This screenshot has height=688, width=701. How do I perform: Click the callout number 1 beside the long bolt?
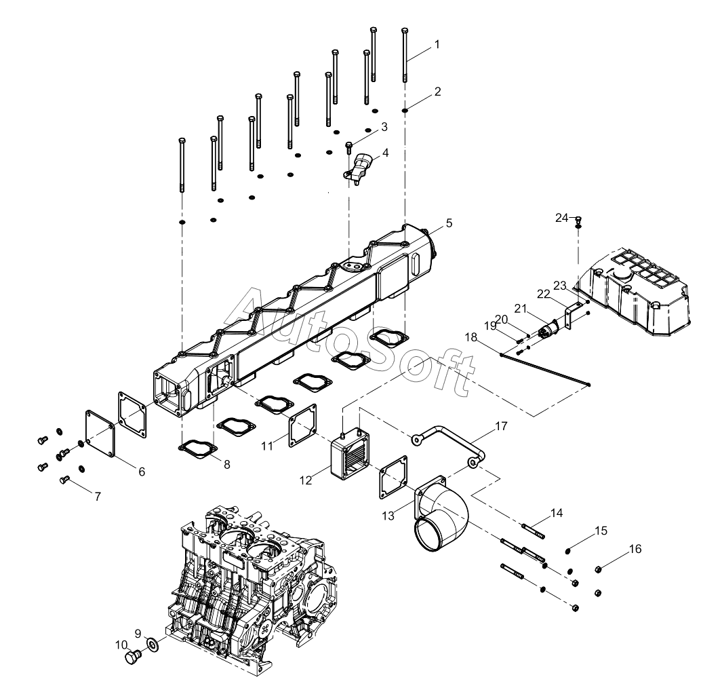pyautogui.click(x=437, y=44)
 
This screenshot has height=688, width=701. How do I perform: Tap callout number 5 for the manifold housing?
pyautogui.click(x=449, y=223)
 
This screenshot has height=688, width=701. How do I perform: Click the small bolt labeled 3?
pyautogui.click(x=349, y=148)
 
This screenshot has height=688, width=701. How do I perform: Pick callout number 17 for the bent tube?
pyautogui.click(x=501, y=426)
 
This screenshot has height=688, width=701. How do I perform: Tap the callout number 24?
pyautogui.click(x=561, y=218)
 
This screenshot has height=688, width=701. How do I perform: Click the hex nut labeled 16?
pyautogui.click(x=598, y=569)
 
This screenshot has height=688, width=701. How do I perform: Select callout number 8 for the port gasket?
pyautogui.click(x=226, y=464)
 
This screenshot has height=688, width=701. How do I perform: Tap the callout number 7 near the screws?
pyautogui.click(x=98, y=496)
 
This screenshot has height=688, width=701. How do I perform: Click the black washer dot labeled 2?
pyautogui.click(x=405, y=110)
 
